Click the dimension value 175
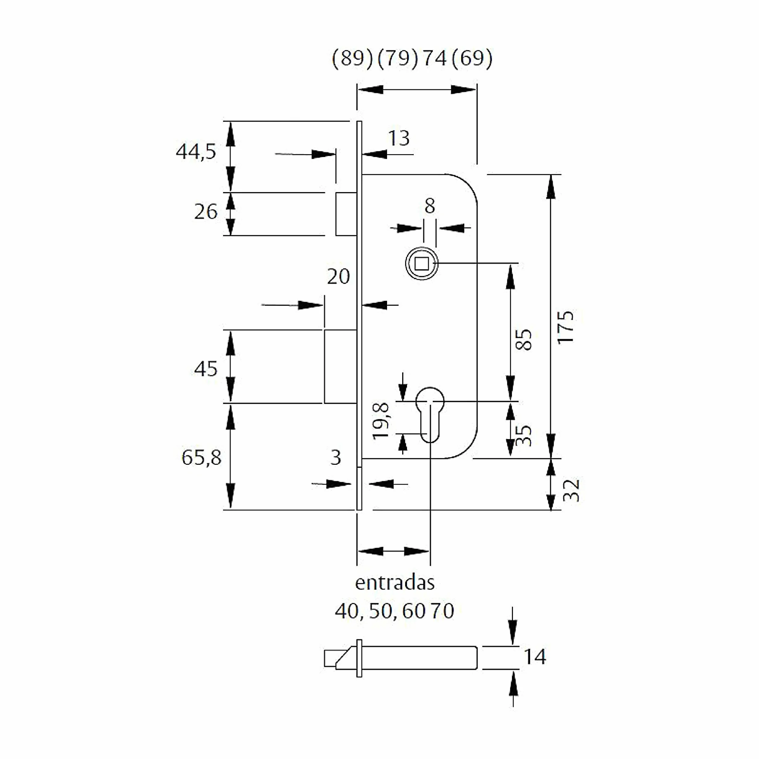point(566,327)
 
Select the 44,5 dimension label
point(196,151)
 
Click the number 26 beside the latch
point(205,212)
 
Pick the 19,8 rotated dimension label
point(381,421)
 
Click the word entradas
point(395,583)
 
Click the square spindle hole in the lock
point(422,263)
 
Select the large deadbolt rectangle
point(340,366)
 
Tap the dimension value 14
point(535,657)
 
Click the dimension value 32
point(571,490)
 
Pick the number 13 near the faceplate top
point(399,138)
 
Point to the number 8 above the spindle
point(430,206)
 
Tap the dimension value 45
point(205,369)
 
